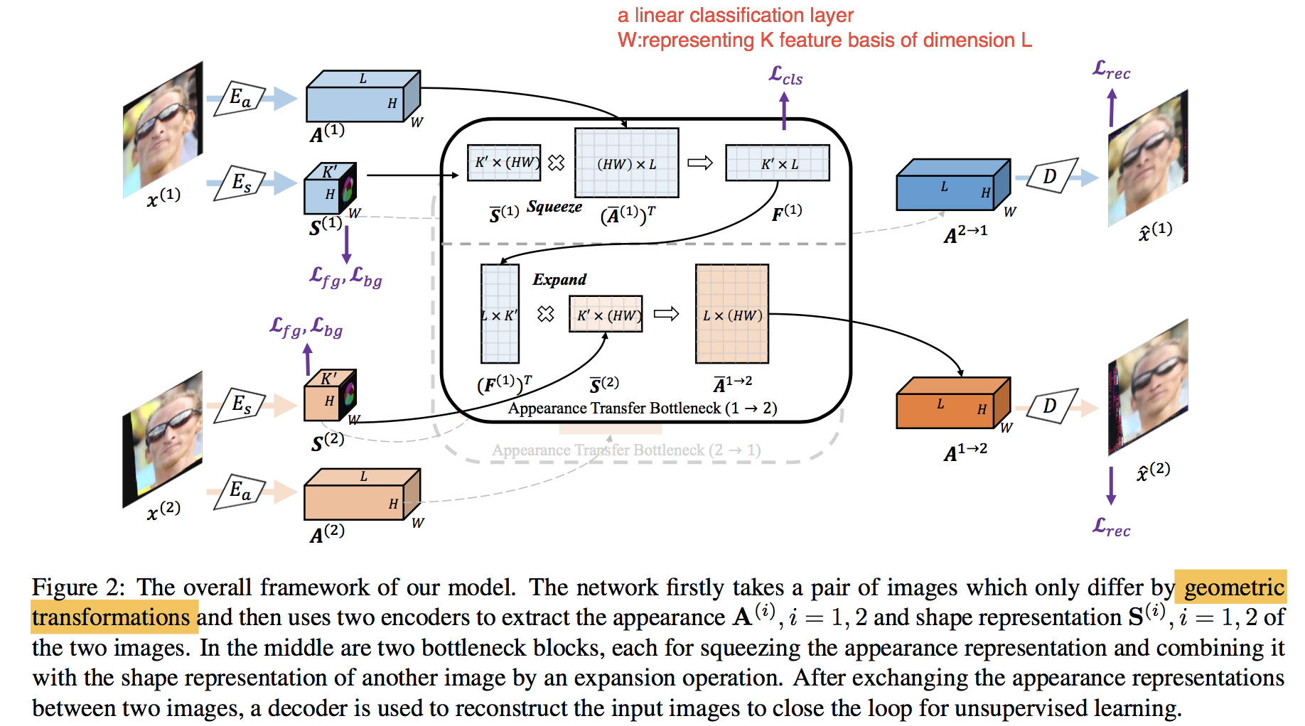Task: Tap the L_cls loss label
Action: [785, 75]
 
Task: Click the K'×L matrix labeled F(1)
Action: [777, 163]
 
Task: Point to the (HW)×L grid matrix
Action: [626, 163]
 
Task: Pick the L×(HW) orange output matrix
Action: [731, 315]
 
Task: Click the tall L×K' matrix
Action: [500, 314]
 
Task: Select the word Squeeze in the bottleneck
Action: [554, 207]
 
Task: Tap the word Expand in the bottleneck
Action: [559, 279]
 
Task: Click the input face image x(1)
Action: [163, 130]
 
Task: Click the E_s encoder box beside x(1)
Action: [240, 183]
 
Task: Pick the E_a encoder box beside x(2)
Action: [240, 490]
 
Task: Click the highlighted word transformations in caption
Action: [111, 617]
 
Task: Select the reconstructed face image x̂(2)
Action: [1147, 388]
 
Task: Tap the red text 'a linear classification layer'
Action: [735, 15]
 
